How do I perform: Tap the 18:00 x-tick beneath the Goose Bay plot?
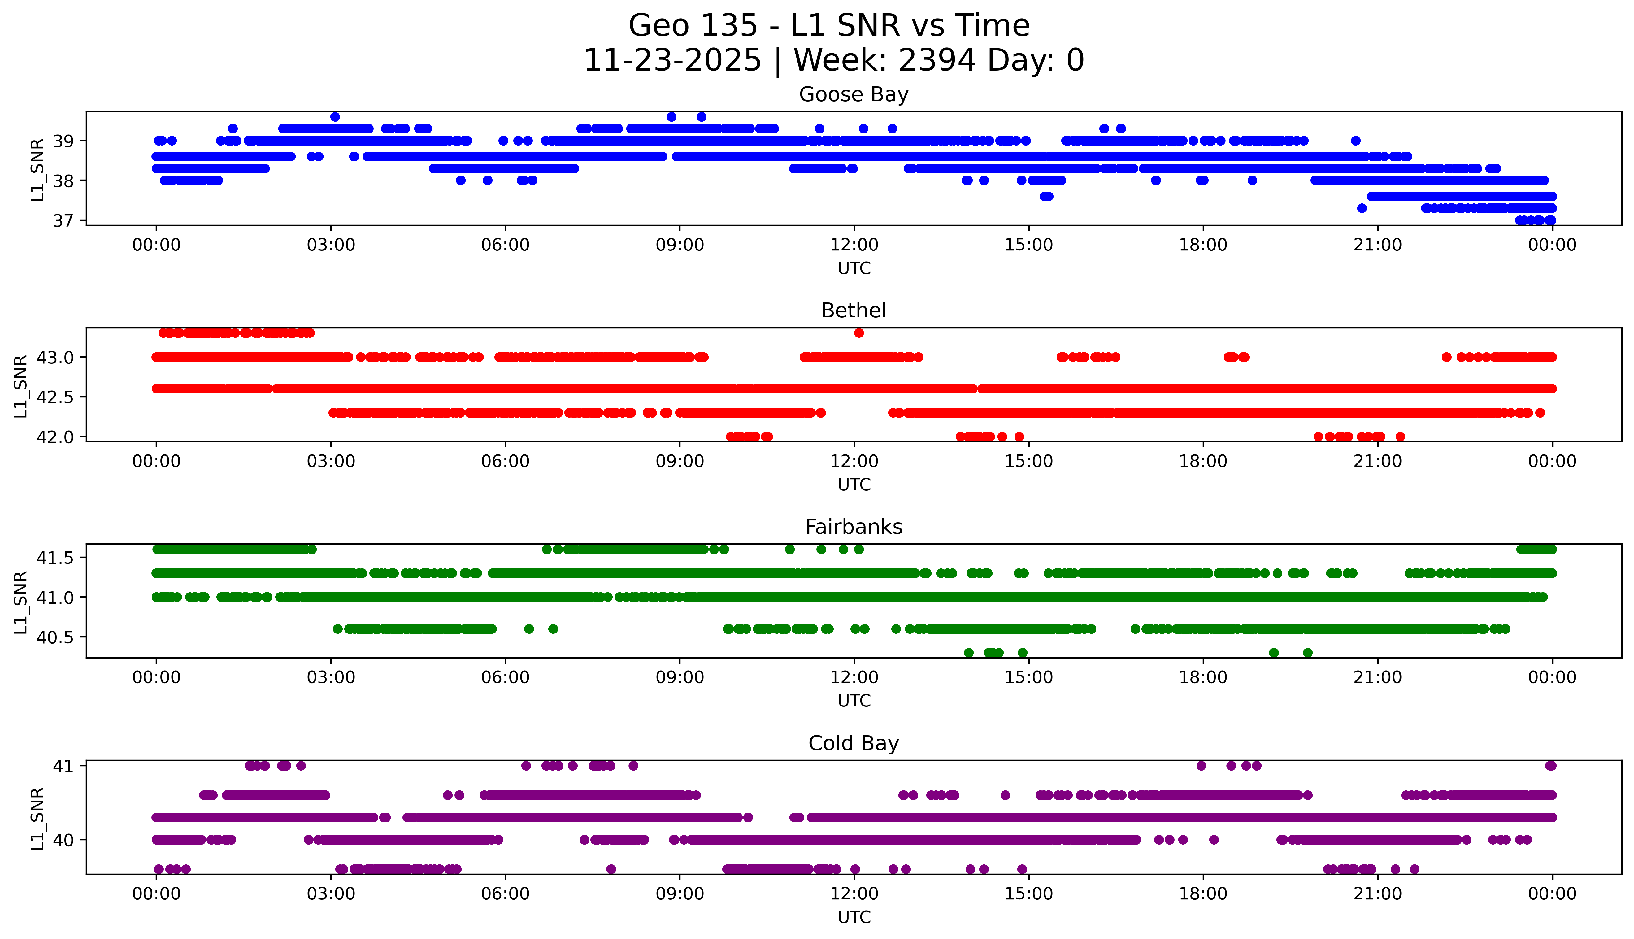click(1203, 245)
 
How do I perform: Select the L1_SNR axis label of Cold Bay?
click(37, 818)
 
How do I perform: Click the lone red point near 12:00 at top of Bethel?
click(858, 333)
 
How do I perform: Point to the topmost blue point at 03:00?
click(335, 117)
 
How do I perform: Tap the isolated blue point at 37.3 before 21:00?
click(1361, 208)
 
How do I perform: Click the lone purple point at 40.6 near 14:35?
click(1005, 795)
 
